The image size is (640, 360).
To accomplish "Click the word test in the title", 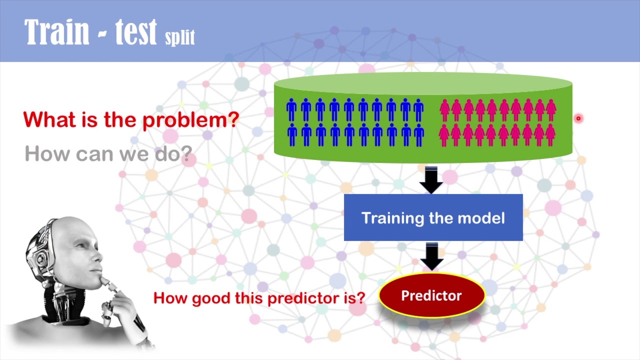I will coord(135,32).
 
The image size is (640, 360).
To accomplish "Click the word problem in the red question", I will coord(190,120).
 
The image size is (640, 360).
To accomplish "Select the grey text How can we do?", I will coord(108,153).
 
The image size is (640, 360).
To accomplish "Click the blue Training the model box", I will coord(433,218).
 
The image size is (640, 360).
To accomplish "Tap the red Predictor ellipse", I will coord(431,296).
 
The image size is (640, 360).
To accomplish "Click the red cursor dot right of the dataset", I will coord(578,118).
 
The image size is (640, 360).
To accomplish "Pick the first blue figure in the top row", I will coord(291,109).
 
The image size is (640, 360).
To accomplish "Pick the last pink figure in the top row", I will coord(551,109).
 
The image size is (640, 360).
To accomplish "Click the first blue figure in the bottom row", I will coord(291,135).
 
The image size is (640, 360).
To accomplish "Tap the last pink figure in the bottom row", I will coord(550,135).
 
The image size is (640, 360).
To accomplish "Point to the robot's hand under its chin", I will coord(112,295).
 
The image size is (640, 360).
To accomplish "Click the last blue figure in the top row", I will coord(418,109).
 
